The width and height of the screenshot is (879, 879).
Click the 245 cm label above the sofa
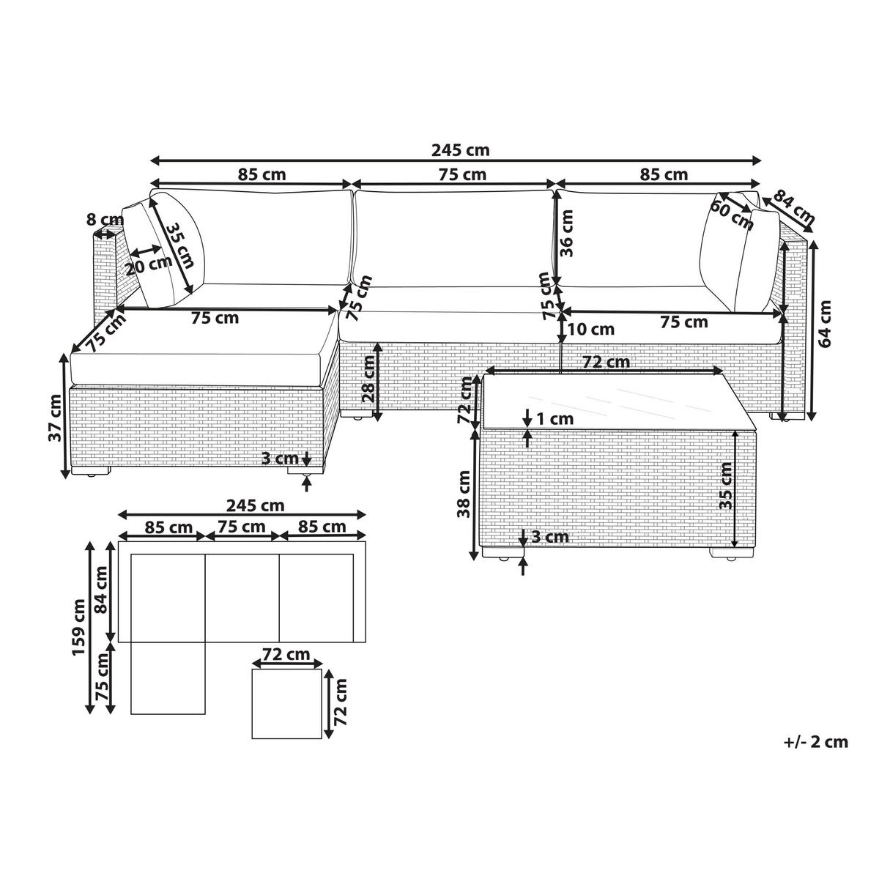(459, 150)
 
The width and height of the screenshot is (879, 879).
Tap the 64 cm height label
(826, 323)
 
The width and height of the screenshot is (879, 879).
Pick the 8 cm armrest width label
(105, 219)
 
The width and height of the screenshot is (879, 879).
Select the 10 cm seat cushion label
(590, 330)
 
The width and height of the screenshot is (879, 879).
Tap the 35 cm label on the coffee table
(725, 487)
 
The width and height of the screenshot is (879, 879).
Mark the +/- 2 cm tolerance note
(815, 742)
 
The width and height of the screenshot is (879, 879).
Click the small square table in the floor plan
(286, 702)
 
